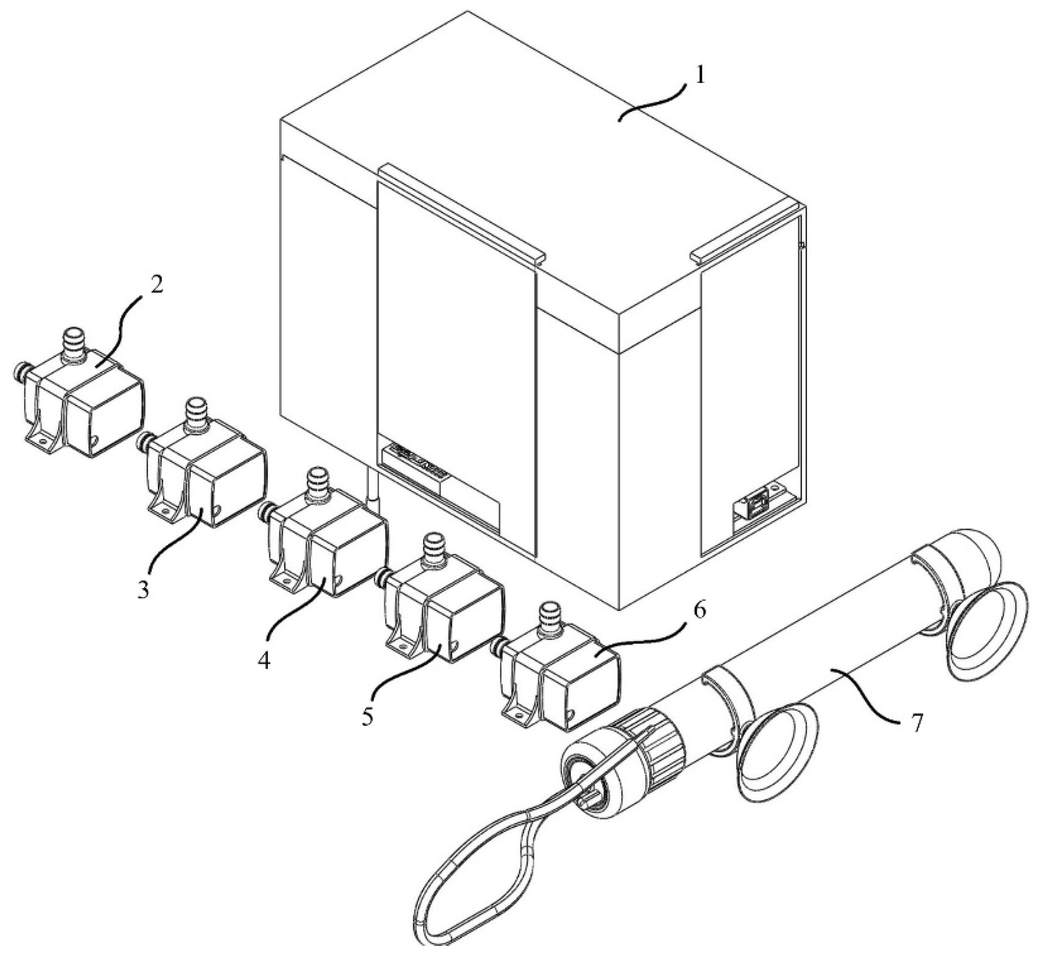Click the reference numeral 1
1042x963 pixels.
(x=700, y=76)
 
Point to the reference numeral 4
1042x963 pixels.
(x=264, y=660)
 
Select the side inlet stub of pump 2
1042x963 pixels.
(x=19, y=371)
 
